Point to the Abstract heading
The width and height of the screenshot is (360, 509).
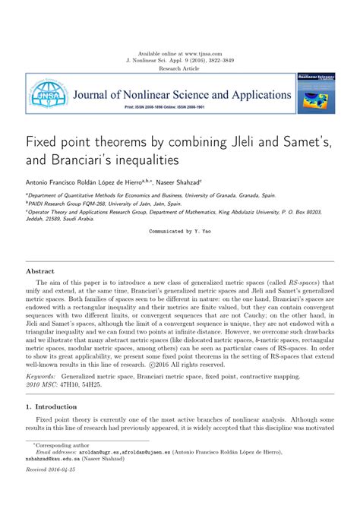click(x=40, y=270)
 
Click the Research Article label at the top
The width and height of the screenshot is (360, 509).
click(x=180, y=68)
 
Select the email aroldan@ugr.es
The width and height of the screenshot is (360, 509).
click(x=95, y=472)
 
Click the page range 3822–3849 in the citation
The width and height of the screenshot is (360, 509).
click(x=225, y=61)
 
